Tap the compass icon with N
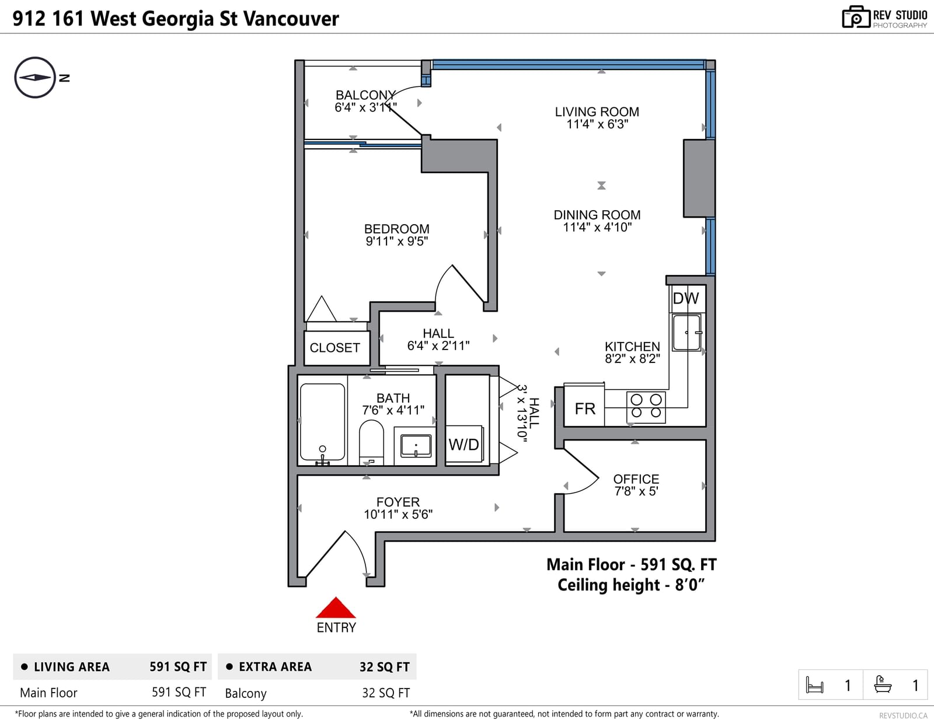point(35,78)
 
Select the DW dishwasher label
point(685,298)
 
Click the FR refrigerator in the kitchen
point(584,406)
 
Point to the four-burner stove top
point(646,406)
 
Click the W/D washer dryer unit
point(465,444)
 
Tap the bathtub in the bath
point(322,422)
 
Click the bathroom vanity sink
point(416,446)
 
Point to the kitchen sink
point(687,333)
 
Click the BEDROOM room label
point(397,229)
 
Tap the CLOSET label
point(335,348)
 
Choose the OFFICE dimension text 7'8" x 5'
point(636,491)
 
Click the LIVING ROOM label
point(597,111)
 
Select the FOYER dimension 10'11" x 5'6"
point(398,514)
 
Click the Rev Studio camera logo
point(856,17)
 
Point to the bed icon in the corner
point(814,684)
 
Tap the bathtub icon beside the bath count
point(883,684)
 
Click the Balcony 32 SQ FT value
point(385,693)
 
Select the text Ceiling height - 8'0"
point(631,585)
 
